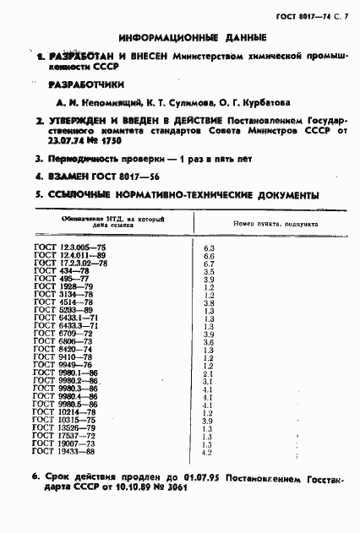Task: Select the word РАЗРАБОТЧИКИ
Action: (x=86, y=85)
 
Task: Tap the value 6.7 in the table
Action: (x=210, y=263)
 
